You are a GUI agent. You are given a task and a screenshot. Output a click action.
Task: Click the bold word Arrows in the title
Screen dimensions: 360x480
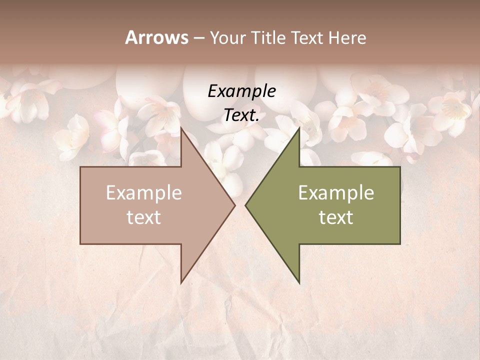point(156,37)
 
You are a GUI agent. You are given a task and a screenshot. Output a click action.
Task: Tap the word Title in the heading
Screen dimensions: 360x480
point(268,38)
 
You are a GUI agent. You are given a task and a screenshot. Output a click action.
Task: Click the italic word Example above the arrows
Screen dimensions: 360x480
point(241,91)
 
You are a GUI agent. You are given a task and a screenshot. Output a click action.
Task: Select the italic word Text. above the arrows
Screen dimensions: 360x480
point(241,115)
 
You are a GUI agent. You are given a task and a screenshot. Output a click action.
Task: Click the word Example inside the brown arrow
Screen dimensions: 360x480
point(143,193)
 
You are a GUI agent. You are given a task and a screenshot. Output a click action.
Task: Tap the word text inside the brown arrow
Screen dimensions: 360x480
point(143,217)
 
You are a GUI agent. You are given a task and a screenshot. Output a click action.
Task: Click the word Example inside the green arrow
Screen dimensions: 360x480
point(336,193)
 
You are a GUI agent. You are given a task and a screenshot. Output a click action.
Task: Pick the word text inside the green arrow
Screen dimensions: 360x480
point(336,217)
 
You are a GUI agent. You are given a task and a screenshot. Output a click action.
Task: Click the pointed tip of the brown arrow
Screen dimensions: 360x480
point(234,205)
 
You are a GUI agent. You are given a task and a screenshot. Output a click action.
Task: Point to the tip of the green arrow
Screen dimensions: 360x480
point(245,205)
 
